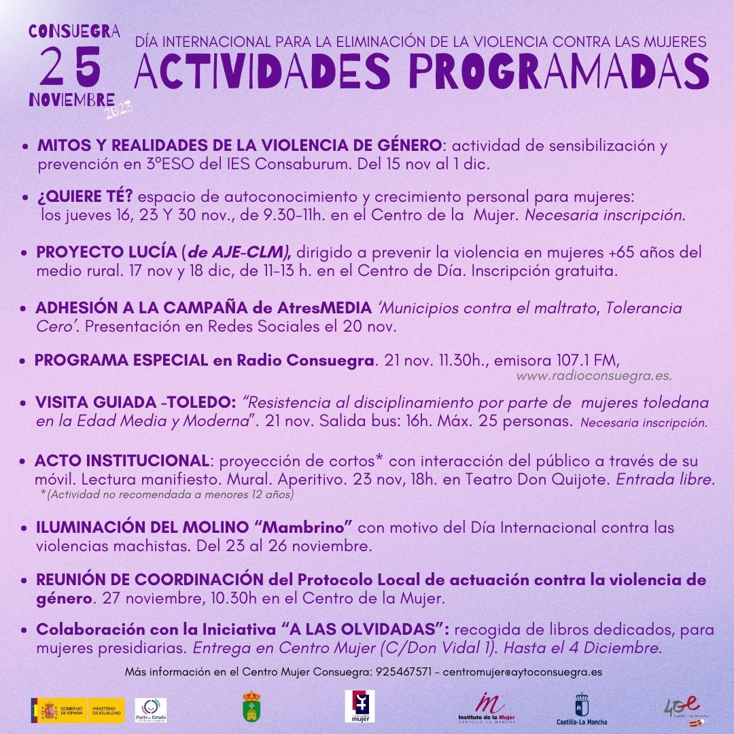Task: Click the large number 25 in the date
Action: (x=71, y=67)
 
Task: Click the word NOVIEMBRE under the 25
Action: (x=71, y=99)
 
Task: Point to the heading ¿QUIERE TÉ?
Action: (x=85, y=197)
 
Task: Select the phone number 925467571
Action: (x=403, y=671)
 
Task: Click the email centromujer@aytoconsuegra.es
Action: (x=522, y=671)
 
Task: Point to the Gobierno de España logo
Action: (x=77, y=711)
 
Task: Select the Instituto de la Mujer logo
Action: (x=486, y=710)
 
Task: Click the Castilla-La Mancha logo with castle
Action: (x=582, y=710)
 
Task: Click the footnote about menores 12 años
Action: (x=169, y=495)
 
